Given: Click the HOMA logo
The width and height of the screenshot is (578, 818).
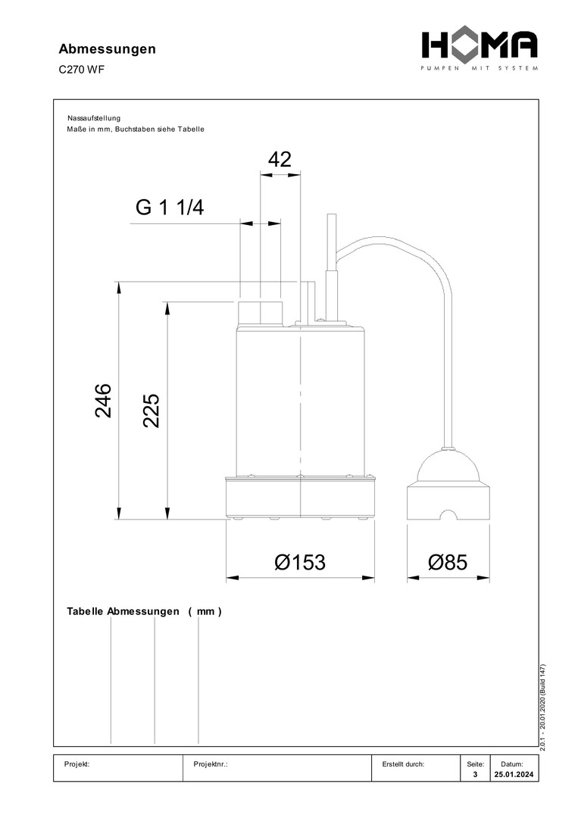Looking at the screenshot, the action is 480,49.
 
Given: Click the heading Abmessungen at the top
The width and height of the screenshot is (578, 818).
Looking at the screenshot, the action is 107,49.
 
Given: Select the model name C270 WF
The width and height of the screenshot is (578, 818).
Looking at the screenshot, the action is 81,70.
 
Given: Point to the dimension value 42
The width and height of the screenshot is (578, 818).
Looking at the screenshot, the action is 280,160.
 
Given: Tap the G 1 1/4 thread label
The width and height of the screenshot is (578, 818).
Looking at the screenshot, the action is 170,208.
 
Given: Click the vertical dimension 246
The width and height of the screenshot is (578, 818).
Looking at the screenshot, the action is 103,401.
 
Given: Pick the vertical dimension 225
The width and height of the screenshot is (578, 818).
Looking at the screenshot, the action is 152,411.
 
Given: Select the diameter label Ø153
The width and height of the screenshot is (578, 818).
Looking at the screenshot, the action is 300,562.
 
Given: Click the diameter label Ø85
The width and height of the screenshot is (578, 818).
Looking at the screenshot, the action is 448,562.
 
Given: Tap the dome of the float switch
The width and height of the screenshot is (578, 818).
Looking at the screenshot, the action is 448,466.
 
